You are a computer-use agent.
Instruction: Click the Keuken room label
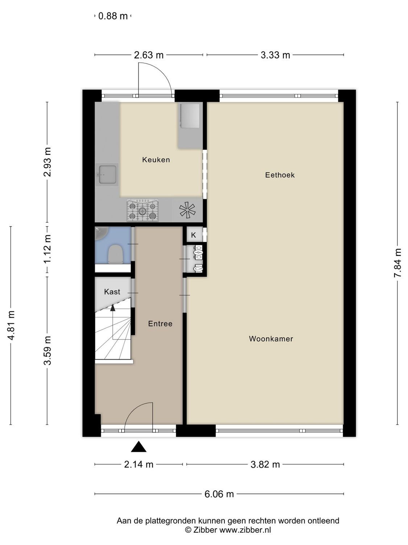click(x=156, y=160)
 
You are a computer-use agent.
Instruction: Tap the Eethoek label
click(x=280, y=175)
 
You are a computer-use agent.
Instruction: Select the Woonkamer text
click(x=271, y=339)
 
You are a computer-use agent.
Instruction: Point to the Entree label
click(x=160, y=324)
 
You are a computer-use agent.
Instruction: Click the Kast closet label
click(x=112, y=292)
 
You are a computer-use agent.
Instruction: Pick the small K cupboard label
click(x=193, y=235)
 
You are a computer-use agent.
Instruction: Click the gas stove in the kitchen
click(x=143, y=210)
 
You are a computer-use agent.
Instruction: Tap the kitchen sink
click(x=107, y=174)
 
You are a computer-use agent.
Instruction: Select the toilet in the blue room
click(x=115, y=254)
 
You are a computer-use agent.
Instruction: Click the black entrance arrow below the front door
click(x=139, y=447)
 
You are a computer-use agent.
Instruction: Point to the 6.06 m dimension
click(x=219, y=494)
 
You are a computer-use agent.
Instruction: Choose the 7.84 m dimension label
click(x=398, y=263)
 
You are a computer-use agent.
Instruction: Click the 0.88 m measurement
click(x=113, y=16)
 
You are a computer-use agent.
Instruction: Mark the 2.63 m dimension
click(x=149, y=55)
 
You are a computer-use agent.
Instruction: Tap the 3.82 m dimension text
click(x=265, y=464)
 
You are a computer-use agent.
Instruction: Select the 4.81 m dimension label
click(x=11, y=326)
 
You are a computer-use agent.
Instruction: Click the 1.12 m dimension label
click(x=47, y=249)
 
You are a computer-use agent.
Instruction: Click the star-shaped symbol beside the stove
click(x=187, y=210)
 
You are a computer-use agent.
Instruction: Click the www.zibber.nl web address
click(x=245, y=530)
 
